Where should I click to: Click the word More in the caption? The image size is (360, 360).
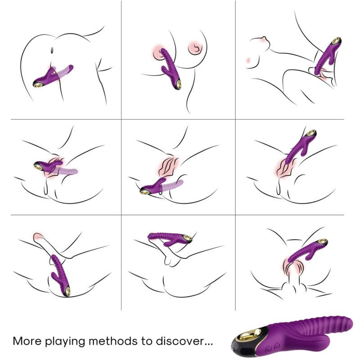click(27, 341)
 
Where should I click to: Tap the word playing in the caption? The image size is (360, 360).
click(65, 342)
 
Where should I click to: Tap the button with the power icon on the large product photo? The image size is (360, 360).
click(277, 345)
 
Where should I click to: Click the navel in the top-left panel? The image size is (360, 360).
click(52, 50)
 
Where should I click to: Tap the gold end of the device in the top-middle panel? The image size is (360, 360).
click(179, 85)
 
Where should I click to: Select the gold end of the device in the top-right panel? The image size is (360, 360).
click(336, 41)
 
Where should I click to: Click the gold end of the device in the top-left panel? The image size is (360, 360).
click(38, 84)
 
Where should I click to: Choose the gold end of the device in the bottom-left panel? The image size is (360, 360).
click(67, 291)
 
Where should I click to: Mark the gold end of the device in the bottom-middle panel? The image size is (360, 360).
click(188, 238)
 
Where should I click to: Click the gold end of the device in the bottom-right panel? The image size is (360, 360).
click(323, 241)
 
